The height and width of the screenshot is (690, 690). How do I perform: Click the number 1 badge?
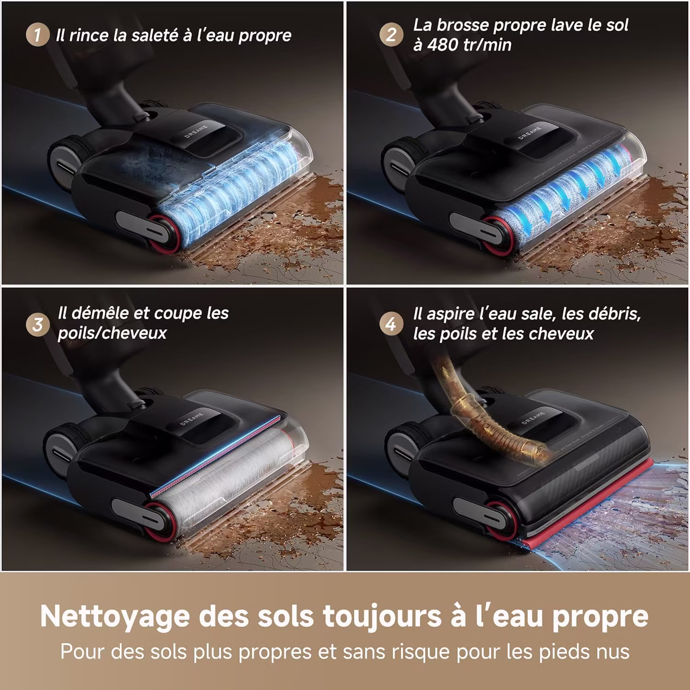pos(37,35)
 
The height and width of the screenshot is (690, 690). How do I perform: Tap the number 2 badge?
pos(391,34)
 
